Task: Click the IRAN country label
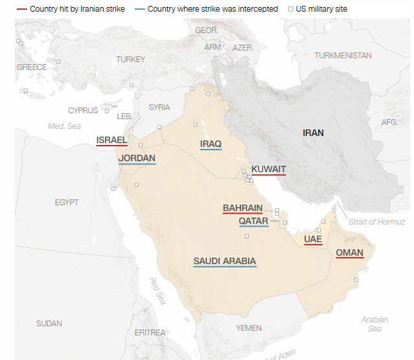(x=313, y=133)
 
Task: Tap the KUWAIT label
(x=268, y=170)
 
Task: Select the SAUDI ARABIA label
(x=224, y=262)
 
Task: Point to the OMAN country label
(x=349, y=253)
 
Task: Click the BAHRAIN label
(x=242, y=208)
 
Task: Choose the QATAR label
(x=253, y=221)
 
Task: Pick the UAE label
(x=313, y=239)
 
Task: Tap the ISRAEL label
(x=111, y=140)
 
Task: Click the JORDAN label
(x=137, y=158)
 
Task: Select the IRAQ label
(x=211, y=144)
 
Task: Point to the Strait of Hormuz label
(x=376, y=222)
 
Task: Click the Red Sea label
(x=157, y=291)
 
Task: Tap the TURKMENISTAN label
(x=343, y=56)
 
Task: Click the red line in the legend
(x=22, y=9)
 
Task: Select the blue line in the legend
(x=139, y=9)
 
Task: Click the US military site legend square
(x=291, y=9)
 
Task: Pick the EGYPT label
(x=67, y=203)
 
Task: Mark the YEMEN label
(x=249, y=328)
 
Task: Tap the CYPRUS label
(x=83, y=111)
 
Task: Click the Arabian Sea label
(x=374, y=324)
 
